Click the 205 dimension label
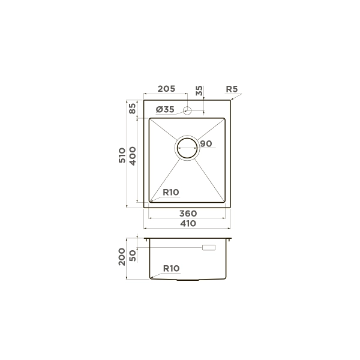[x=166, y=89]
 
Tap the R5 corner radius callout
[x=232, y=89]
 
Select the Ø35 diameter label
[x=165, y=110]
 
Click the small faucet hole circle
[x=187, y=110]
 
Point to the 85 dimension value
[x=132, y=109]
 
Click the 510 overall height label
[x=122, y=155]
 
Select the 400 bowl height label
[x=133, y=156]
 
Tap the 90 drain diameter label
[x=206, y=144]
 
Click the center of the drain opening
[x=187, y=148]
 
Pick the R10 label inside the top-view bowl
[x=171, y=192]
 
